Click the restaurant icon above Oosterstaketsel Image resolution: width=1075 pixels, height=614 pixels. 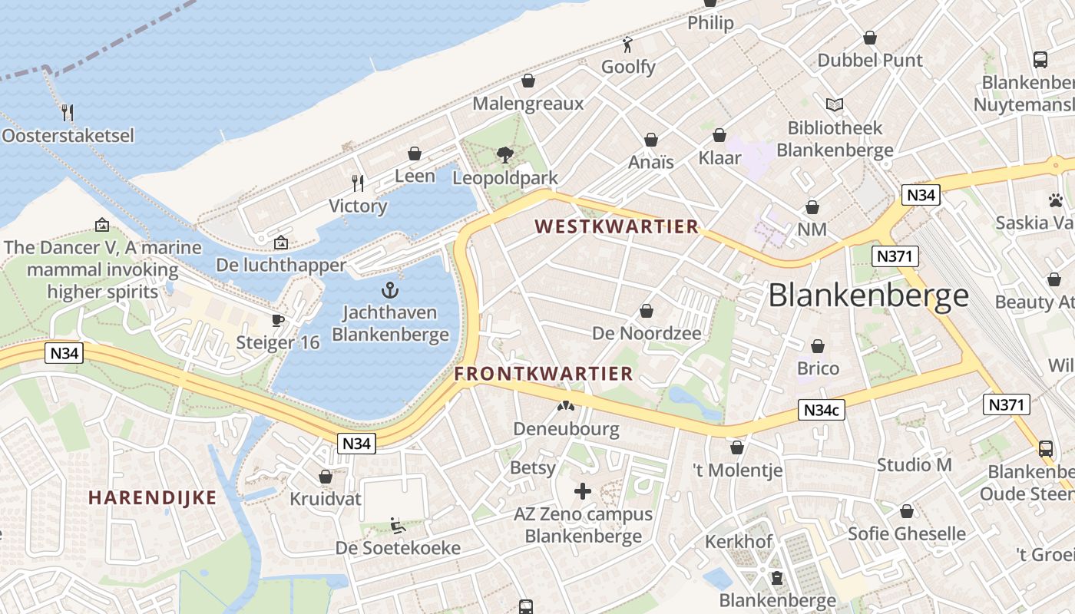pyautogui.click(x=68, y=113)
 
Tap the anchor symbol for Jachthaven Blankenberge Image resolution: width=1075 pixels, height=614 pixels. pyautogui.click(x=390, y=290)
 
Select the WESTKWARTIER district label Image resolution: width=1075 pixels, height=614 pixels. pyautogui.click(x=617, y=226)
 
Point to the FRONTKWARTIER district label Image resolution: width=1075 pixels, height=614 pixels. pyautogui.click(x=544, y=374)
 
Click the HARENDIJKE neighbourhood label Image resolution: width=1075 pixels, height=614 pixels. pyautogui.click(x=152, y=497)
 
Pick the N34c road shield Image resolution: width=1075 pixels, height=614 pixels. pyautogui.click(x=821, y=411)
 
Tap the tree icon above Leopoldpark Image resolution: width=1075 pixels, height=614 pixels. pyautogui.click(x=504, y=155)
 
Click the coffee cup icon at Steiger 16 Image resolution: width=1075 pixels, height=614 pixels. pyautogui.click(x=278, y=320)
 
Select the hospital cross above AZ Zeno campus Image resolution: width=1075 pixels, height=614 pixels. pyautogui.click(x=583, y=490)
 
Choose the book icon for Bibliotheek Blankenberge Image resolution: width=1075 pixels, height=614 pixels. pyautogui.click(x=834, y=104)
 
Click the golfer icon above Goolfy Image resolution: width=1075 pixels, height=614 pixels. pyautogui.click(x=627, y=44)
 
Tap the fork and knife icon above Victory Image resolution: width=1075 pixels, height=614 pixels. pyautogui.click(x=357, y=183)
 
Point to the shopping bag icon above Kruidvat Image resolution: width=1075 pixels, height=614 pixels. pyautogui.click(x=325, y=477)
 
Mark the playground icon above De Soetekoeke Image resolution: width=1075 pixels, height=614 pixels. pyautogui.click(x=397, y=526)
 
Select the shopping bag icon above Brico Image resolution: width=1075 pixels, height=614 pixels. pyautogui.click(x=818, y=346)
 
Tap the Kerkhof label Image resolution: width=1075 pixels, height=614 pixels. pyautogui.click(x=739, y=542)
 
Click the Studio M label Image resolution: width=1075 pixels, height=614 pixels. pyautogui.click(x=914, y=465)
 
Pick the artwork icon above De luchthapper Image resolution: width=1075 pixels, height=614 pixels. pyautogui.click(x=281, y=243)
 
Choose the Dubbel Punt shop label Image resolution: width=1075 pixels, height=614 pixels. pyautogui.click(x=870, y=60)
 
